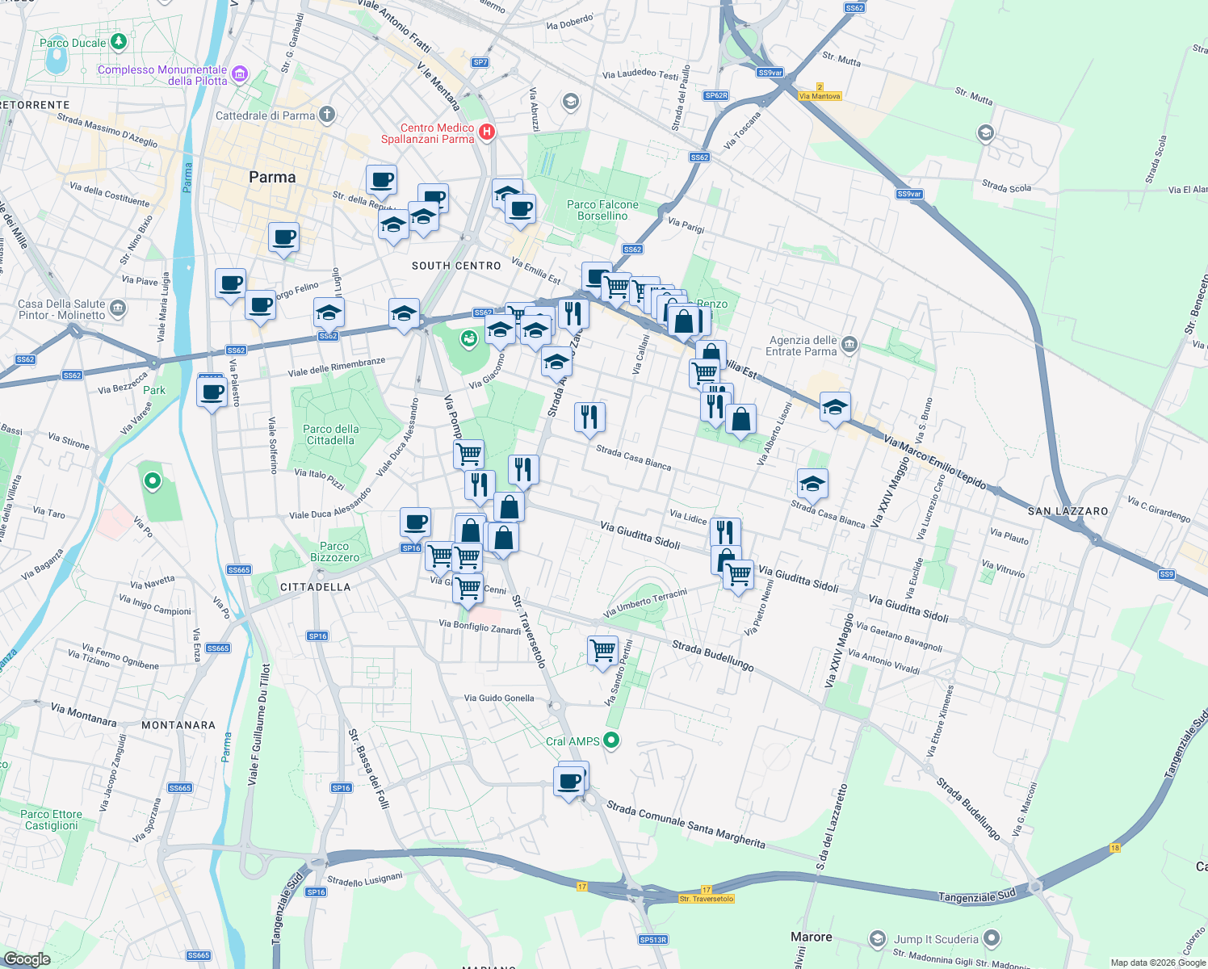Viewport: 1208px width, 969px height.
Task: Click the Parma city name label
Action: pyautogui.click(x=272, y=178)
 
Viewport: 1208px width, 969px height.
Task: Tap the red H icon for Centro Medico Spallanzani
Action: pyautogui.click(x=487, y=132)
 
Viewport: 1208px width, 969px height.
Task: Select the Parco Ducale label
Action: pyautogui.click(x=73, y=43)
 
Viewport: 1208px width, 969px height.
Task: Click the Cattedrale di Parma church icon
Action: pyautogui.click(x=327, y=115)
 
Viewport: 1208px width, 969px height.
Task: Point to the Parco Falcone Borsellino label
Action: pyautogui.click(x=602, y=210)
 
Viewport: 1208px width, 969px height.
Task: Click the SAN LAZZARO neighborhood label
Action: pyautogui.click(x=1067, y=511)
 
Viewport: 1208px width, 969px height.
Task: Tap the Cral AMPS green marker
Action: pyautogui.click(x=611, y=740)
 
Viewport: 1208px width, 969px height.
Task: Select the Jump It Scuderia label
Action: pyautogui.click(x=936, y=939)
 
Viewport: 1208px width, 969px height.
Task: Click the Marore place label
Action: pyautogui.click(x=811, y=937)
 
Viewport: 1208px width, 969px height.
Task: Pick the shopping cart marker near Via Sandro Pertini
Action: pyautogui.click(x=602, y=649)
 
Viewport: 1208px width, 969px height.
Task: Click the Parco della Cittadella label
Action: pyautogui.click(x=330, y=434)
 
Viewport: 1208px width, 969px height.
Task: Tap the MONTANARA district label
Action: pyautogui.click(x=178, y=725)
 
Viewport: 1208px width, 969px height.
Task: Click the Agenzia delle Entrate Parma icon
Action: pyautogui.click(x=849, y=346)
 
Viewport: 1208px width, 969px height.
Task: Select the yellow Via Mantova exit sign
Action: pyautogui.click(x=820, y=96)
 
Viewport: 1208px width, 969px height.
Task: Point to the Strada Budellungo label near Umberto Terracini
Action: pyautogui.click(x=713, y=656)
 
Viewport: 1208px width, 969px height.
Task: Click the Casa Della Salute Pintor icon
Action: pyautogui.click(x=118, y=308)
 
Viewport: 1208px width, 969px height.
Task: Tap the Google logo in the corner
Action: pyautogui.click(x=27, y=959)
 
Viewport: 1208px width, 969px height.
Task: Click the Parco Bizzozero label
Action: pyautogui.click(x=334, y=552)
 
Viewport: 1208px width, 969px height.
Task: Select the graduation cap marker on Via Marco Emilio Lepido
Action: pyautogui.click(x=835, y=406)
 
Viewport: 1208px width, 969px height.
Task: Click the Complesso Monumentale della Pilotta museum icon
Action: pyautogui.click(x=239, y=75)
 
